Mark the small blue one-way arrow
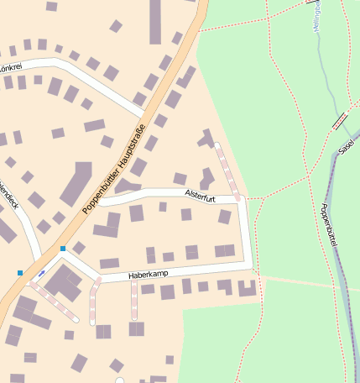tap(41, 274)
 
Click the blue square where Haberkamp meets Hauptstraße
tap(62, 249)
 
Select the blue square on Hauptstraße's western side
tap(20, 272)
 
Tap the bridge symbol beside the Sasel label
tap(341, 121)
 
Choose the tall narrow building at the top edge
tap(155, 21)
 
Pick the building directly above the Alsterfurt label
tap(180, 178)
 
